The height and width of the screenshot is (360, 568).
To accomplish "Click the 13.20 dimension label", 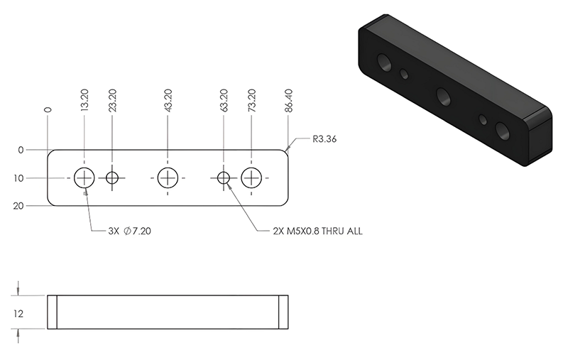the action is point(84,100).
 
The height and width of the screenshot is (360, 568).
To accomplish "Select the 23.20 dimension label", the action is point(112,100).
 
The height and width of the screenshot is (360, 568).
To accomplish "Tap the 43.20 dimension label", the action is point(168,100).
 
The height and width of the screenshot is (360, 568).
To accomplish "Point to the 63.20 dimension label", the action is point(224,100).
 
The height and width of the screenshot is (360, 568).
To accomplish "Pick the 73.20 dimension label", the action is point(251,100).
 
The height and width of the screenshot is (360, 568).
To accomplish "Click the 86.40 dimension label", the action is point(289,100).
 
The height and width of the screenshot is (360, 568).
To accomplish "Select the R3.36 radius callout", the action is point(324,139).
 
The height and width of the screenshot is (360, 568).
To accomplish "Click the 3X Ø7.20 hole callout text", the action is point(130,231).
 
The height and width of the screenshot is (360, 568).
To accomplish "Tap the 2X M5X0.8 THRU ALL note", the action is point(317,231).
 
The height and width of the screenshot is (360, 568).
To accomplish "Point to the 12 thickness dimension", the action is point(18,314).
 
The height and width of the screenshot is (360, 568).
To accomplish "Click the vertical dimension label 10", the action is point(18,178).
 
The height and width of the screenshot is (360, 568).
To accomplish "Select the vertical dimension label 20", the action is point(18,206).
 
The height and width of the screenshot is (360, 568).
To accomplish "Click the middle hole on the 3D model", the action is point(444,97).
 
